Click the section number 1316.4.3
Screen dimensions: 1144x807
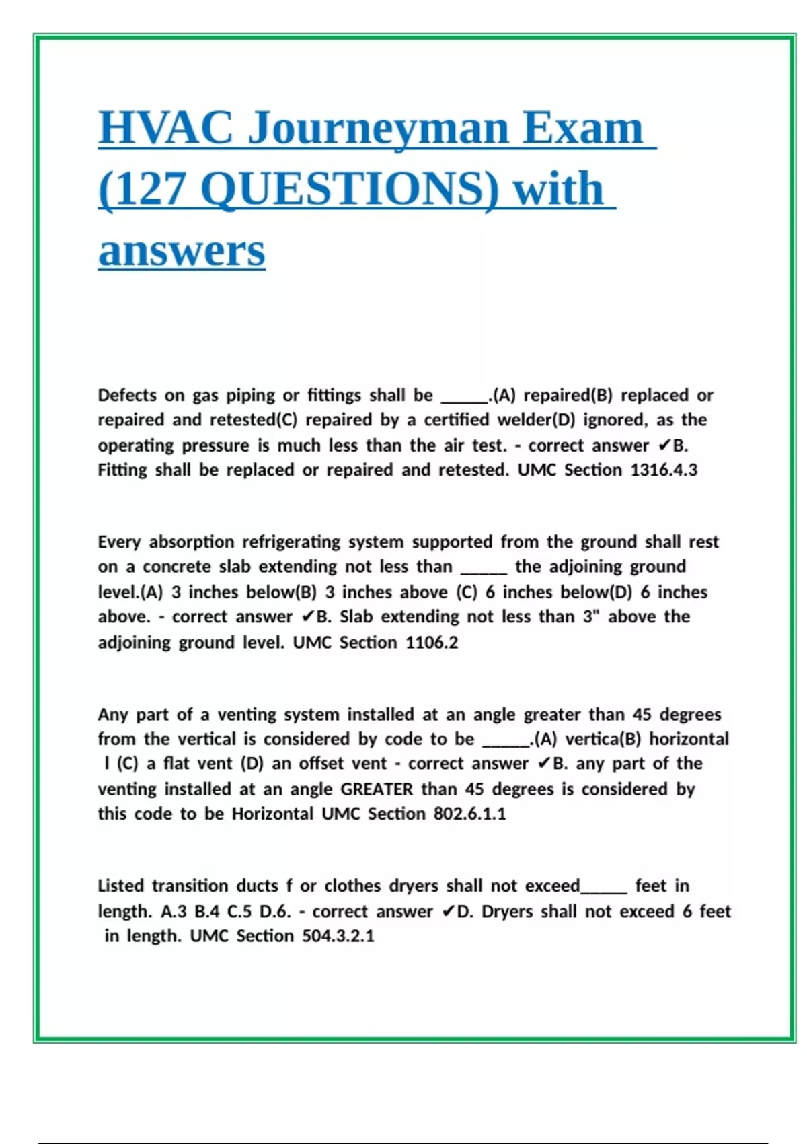pos(664,470)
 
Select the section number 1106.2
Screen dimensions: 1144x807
pos(432,643)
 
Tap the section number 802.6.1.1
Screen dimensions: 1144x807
pos(469,814)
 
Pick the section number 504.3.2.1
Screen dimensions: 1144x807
pos(338,936)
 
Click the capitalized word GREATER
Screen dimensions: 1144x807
pos(377,789)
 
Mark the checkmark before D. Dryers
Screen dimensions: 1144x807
pos(449,912)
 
